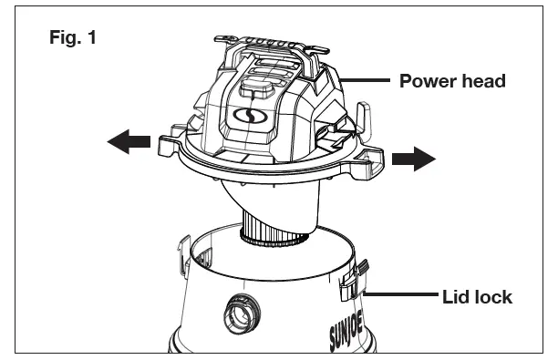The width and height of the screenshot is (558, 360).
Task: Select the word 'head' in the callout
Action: coord(483,81)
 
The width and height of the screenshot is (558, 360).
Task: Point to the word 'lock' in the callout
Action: coord(492,296)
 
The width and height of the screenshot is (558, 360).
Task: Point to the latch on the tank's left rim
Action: coord(183,250)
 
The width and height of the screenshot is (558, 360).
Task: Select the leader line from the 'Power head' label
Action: coord(368,81)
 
